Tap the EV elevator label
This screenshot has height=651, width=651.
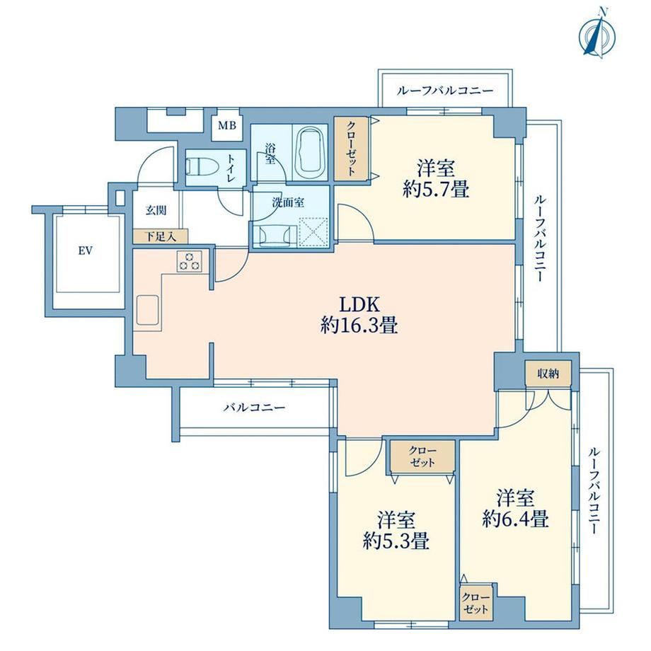(x=86, y=250)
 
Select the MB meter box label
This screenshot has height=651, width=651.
(x=227, y=125)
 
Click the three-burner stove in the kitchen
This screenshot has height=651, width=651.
(x=190, y=262)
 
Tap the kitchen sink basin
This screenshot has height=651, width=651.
(x=147, y=311)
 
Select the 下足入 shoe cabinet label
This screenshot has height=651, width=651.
(x=161, y=237)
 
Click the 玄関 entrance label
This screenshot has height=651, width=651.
(x=156, y=210)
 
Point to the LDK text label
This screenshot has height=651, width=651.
(x=359, y=305)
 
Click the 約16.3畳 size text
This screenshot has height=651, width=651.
(x=359, y=325)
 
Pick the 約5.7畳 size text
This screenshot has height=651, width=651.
(x=436, y=190)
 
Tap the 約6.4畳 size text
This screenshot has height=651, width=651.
(x=516, y=519)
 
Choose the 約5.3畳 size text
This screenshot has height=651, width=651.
(x=396, y=541)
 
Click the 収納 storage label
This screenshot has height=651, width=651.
(x=548, y=374)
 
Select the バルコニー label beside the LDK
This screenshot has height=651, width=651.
(x=255, y=408)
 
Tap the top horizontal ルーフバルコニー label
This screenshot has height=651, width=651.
(x=445, y=91)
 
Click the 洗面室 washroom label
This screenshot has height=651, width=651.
(x=288, y=202)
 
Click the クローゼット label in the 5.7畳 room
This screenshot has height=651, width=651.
(x=351, y=148)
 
